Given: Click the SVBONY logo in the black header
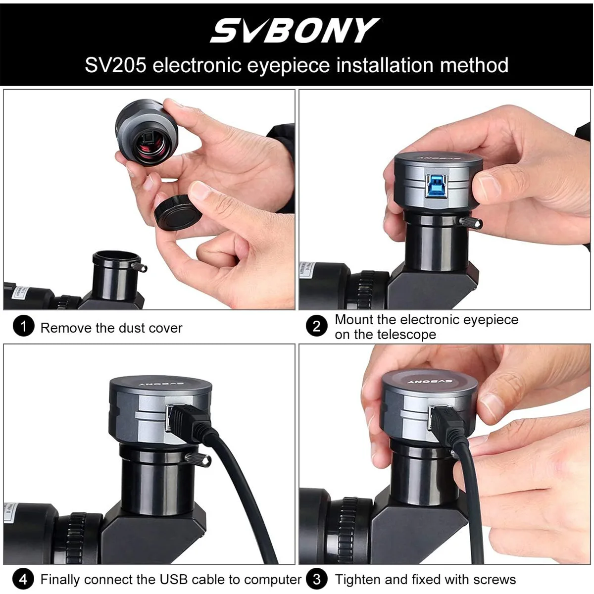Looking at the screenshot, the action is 295,30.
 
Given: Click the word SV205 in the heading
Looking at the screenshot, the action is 115,65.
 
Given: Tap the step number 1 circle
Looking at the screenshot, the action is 23,326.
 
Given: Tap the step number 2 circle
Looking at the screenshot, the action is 317,326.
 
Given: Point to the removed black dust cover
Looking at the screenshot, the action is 178,212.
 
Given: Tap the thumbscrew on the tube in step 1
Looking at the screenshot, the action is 139,267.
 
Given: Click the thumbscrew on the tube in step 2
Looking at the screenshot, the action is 471,223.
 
